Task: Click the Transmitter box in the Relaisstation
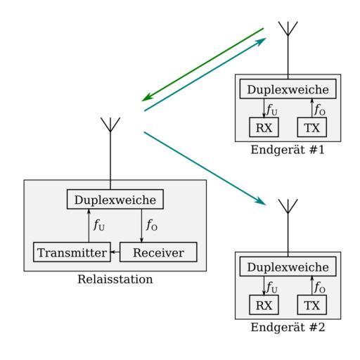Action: [x=72, y=252]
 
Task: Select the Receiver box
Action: [x=158, y=252]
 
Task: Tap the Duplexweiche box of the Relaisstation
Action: [x=115, y=199]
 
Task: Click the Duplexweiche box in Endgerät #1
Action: [x=288, y=89]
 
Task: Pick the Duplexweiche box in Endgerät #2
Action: [x=288, y=266]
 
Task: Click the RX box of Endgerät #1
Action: [x=264, y=127]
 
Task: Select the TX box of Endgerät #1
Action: [x=312, y=127]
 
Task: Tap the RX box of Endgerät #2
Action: [x=264, y=304]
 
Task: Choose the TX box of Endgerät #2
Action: [x=312, y=304]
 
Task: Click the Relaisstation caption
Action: [x=115, y=279]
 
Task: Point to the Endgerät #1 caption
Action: [x=288, y=150]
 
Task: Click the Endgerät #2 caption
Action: [x=288, y=328]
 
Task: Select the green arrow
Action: [x=202, y=65]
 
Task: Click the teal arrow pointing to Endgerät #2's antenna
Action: [x=205, y=169]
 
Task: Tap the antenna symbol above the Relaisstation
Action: [x=110, y=153]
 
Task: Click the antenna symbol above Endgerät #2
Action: [x=288, y=228]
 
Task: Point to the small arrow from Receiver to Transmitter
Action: [x=115, y=252]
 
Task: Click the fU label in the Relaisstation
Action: [x=99, y=225]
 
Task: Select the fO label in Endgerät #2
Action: [x=320, y=288]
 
